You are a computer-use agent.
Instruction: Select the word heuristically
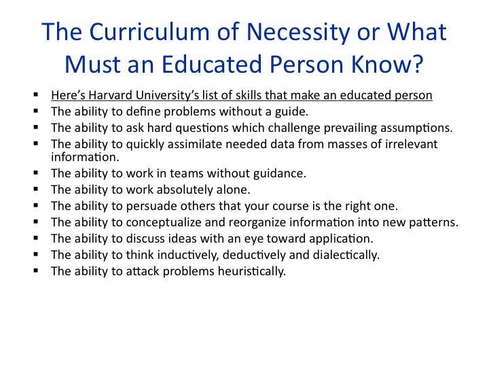(252, 271)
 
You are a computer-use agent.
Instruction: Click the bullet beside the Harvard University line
(36, 94)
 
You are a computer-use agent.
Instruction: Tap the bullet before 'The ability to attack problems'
(36, 270)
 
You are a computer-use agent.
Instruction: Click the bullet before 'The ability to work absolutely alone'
(36, 189)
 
